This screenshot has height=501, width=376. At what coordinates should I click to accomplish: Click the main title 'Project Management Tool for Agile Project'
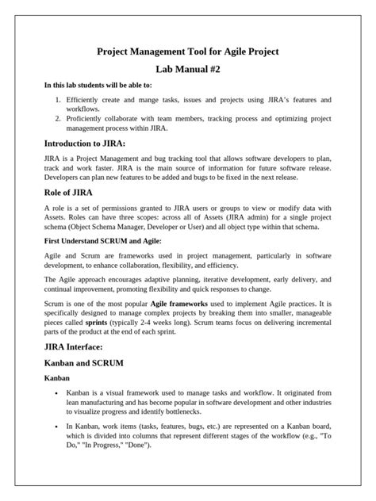(187, 52)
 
